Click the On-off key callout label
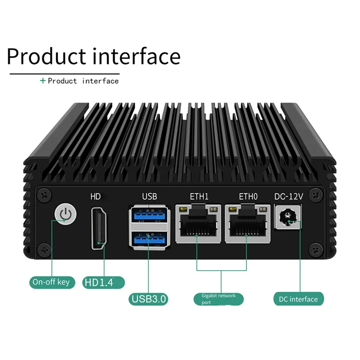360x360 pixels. point(51,282)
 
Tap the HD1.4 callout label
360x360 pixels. point(104,283)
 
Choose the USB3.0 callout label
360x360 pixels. point(148,298)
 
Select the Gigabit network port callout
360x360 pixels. point(219,299)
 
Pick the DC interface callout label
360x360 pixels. point(298,299)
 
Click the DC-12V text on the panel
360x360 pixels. point(288,196)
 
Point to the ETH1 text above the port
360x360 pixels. point(199,196)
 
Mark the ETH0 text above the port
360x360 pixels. point(248,196)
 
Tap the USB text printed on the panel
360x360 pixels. point(149,196)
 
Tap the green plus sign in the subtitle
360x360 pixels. point(43,81)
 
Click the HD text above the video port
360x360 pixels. point(95,196)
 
